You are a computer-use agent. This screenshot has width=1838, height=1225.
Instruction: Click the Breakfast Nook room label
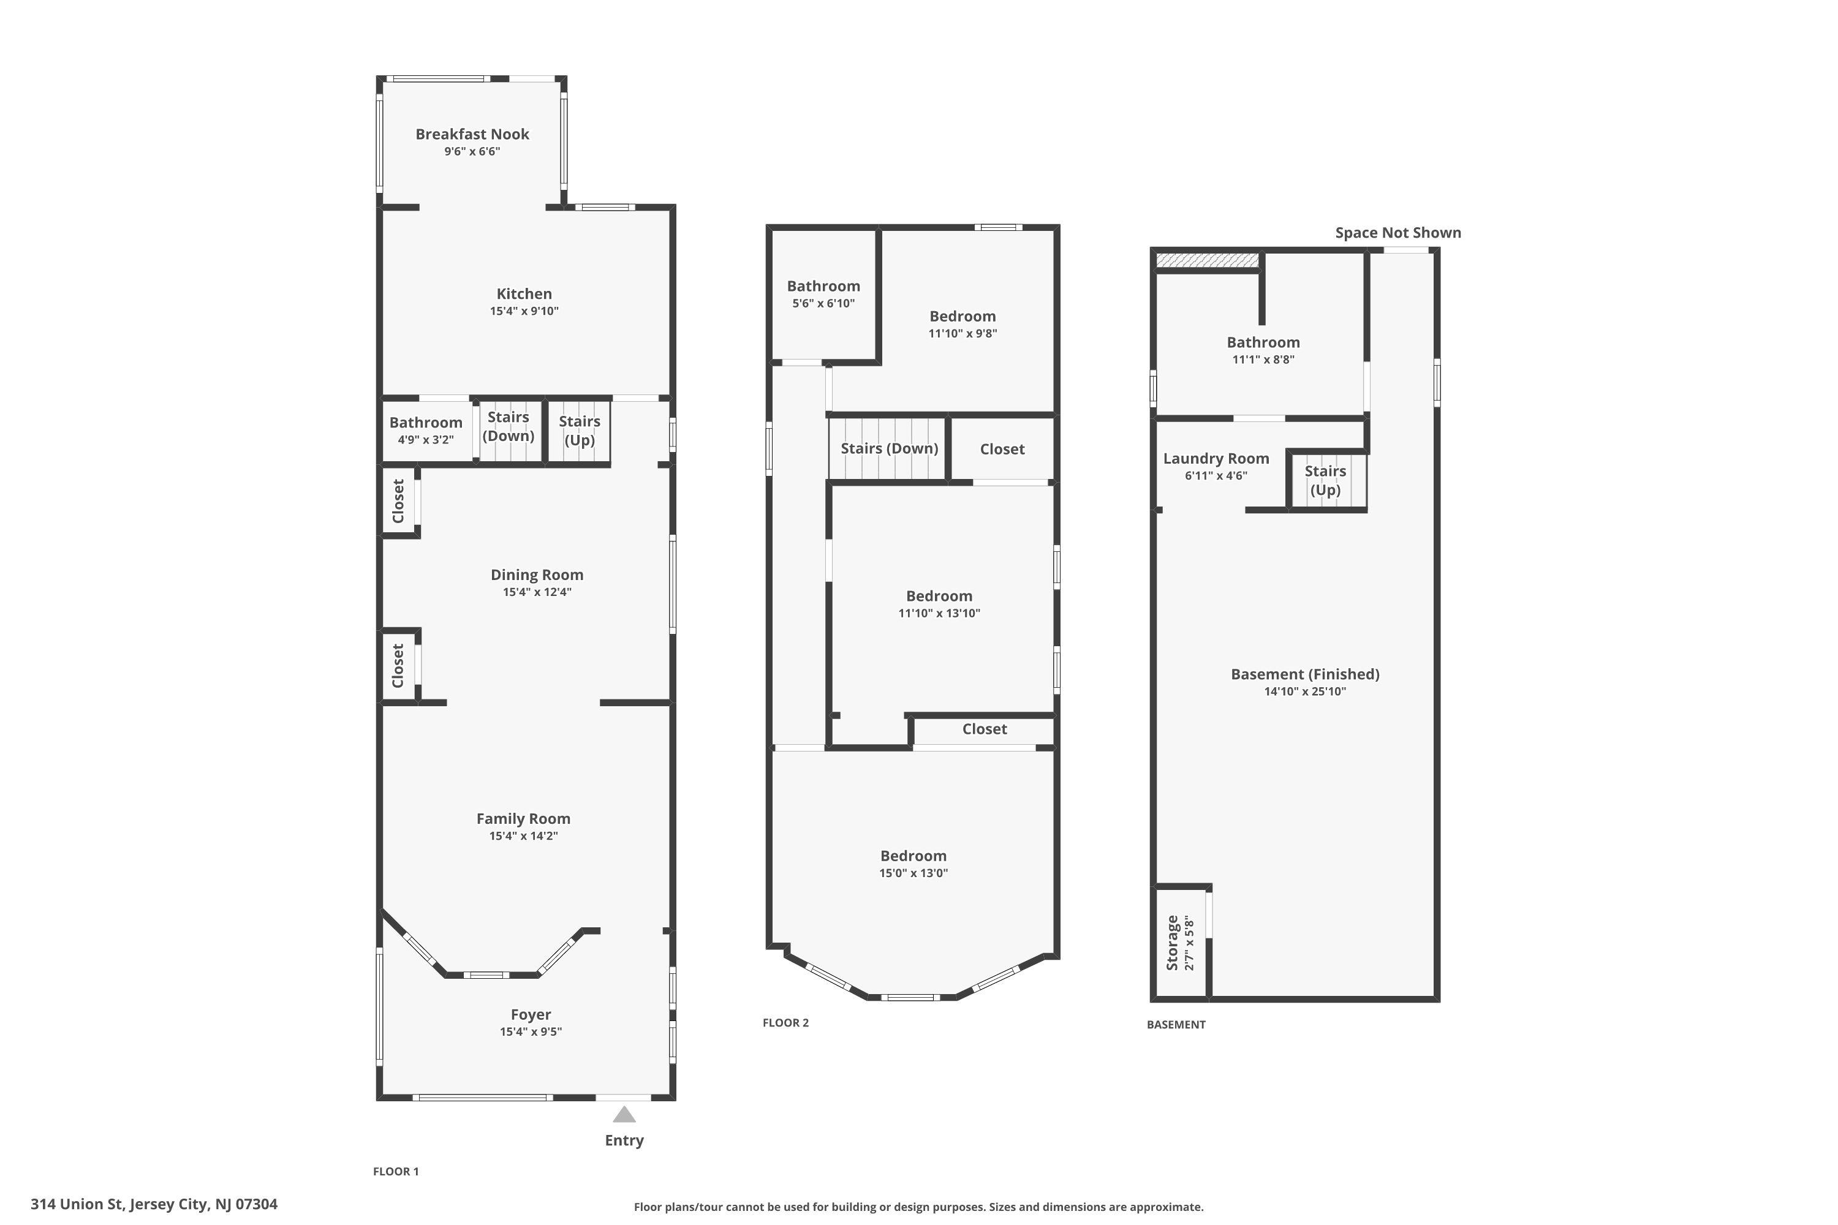472,134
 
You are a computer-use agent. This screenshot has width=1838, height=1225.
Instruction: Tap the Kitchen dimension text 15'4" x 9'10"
524,311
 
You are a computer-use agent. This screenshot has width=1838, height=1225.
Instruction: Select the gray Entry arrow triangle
624,1114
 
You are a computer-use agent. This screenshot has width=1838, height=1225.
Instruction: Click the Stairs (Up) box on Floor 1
579,431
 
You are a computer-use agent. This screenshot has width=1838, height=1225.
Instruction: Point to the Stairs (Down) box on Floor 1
509,431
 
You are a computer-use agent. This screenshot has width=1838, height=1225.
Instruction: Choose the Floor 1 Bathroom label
426,423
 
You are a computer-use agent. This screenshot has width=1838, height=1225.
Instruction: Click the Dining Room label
537,575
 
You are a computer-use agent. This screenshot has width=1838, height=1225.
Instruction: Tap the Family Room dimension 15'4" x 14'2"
524,836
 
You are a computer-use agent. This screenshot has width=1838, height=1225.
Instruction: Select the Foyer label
531,1015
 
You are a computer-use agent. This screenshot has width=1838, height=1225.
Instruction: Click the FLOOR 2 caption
785,1023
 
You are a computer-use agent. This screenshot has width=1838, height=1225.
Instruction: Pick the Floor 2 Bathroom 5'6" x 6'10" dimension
823,303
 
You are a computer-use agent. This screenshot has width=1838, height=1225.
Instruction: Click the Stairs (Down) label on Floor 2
890,448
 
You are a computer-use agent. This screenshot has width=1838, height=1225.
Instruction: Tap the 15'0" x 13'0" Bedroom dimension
913,873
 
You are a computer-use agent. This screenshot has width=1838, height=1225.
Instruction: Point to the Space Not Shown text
1398,233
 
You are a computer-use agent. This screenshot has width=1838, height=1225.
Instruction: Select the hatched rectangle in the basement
1208,259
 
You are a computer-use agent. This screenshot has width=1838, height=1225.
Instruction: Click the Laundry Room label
1216,459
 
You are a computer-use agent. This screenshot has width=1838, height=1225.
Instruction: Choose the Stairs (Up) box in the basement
1327,480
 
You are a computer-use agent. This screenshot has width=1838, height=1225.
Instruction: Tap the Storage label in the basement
1172,943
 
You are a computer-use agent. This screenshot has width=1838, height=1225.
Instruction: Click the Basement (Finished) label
1305,674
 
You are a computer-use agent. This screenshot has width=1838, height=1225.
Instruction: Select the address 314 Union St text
77,1204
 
